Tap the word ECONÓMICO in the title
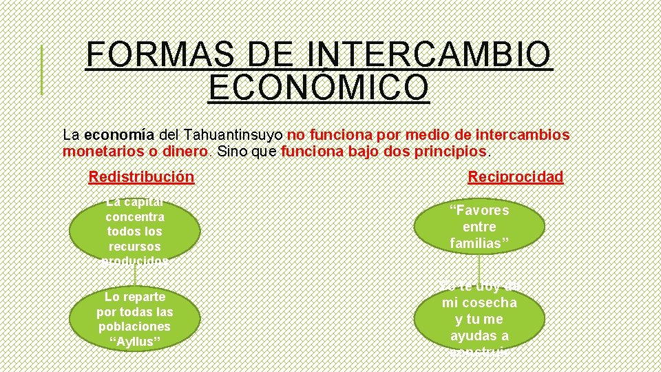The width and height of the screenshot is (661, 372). pyautogui.click(x=319, y=88)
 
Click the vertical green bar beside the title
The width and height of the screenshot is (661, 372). pyautogui.click(x=41, y=70)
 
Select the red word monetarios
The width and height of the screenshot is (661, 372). pyautogui.click(x=103, y=151)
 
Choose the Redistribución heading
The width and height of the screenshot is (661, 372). pyautogui.click(x=141, y=177)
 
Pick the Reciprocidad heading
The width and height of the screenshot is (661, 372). pyautogui.click(x=516, y=177)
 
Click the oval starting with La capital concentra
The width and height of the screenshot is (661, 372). pyautogui.click(x=135, y=231)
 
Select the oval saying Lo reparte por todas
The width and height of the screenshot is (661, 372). pyautogui.click(x=135, y=320)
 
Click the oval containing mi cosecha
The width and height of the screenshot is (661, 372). pyautogui.click(x=479, y=320)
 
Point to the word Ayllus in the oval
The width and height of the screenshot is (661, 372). pyautogui.click(x=135, y=342)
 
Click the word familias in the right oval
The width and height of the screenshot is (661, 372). pyautogui.click(x=479, y=243)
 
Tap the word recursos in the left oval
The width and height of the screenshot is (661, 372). pyautogui.click(x=135, y=246)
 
